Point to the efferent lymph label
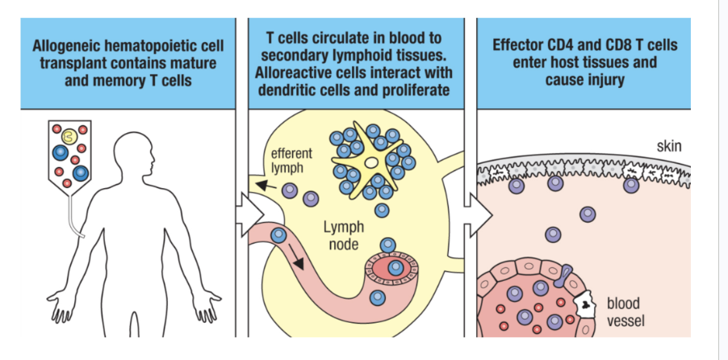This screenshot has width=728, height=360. tap(291, 160)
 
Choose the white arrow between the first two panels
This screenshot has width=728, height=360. tap(249, 216)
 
